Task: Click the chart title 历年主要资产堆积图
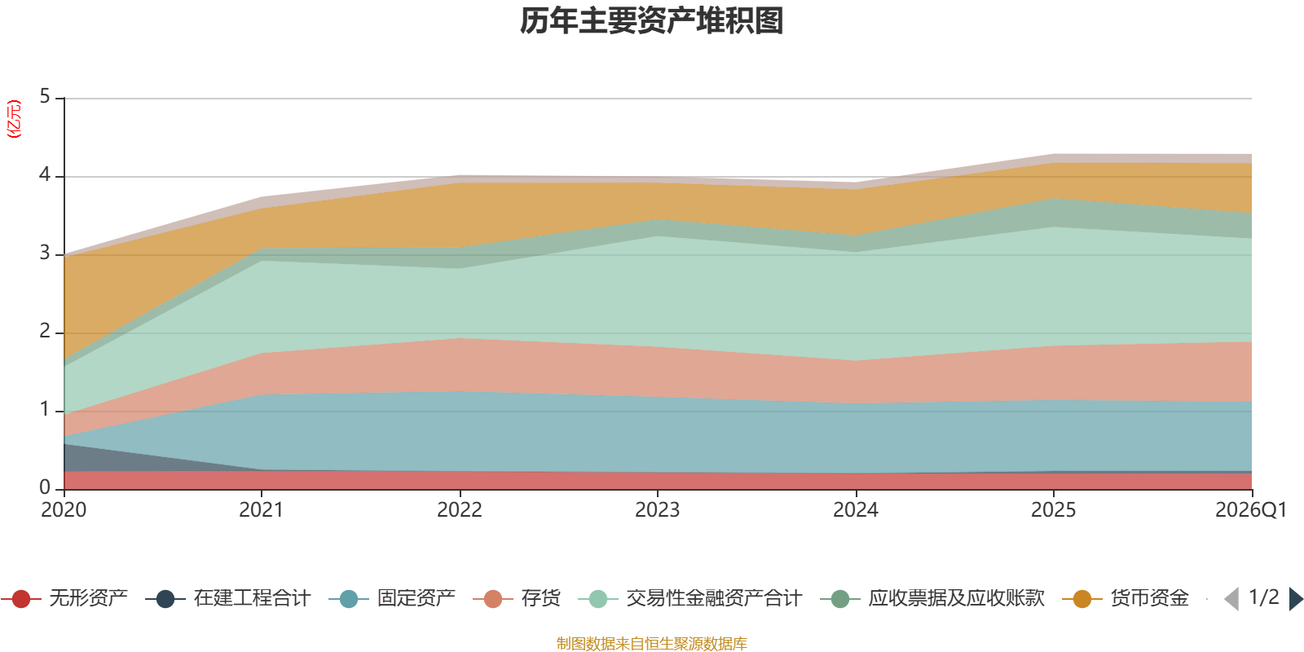(651, 21)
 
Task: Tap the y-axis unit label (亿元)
(13, 119)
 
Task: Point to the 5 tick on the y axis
(45, 96)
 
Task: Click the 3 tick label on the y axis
(45, 253)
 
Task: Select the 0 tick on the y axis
(45, 487)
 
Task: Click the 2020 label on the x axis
(64, 510)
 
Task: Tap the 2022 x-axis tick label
(460, 510)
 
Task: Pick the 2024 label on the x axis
(855, 510)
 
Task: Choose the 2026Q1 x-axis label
(1250, 510)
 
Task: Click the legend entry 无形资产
(64, 598)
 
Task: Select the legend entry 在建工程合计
(228, 598)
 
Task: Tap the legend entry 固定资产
(392, 598)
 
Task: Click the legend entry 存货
(517, 598)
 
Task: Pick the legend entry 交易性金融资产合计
(690, 598)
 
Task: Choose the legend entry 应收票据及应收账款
(932, 598)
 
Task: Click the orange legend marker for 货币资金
(1082, 599)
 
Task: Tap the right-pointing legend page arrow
(1297, 599)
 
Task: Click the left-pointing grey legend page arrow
(1231, 599)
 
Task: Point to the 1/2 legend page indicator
(1264, 597)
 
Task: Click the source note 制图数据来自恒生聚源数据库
(651, 643)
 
